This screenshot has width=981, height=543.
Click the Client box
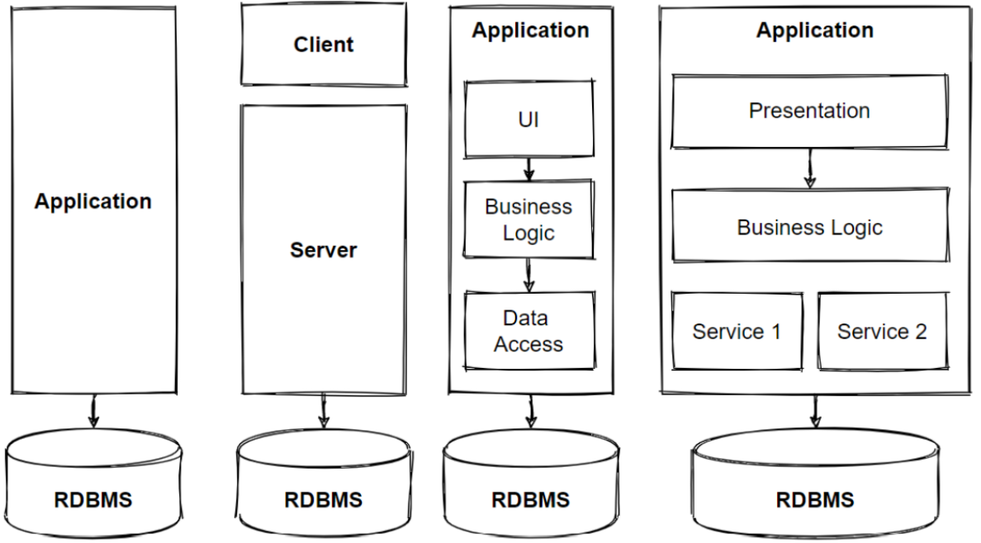323,45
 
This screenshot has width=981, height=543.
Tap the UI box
528,119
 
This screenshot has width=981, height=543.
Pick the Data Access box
528,331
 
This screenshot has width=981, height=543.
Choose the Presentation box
808,111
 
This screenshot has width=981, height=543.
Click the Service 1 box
737,332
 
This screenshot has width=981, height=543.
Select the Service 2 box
882,332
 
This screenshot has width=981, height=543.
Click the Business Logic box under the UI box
528,220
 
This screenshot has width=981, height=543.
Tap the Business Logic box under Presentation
808,228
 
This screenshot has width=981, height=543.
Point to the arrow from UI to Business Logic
529,169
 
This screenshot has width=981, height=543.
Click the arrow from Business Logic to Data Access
529,275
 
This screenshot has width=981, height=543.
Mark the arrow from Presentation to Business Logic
810,169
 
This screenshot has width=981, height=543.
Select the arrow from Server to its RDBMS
323,410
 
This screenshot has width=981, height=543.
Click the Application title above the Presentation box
814,31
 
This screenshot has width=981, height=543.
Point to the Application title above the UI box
530,31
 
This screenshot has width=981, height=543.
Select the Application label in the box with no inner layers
92,201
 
